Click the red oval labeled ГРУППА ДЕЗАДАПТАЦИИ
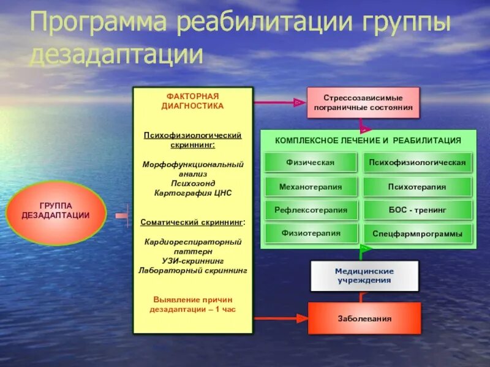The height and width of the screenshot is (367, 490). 56,211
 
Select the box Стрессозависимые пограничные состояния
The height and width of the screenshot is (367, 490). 363,102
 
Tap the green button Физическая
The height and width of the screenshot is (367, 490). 310,162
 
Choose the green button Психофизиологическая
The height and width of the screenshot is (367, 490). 417,162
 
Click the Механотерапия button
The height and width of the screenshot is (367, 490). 310,187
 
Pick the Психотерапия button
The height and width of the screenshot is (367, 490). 417,187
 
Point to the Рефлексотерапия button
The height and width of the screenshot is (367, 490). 310,210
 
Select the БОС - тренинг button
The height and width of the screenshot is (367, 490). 417,210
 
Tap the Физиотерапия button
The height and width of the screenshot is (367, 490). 310,233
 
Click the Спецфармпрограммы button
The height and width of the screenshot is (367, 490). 417,234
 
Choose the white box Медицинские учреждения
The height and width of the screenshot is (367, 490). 364,275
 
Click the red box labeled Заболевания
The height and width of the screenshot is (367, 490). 364,318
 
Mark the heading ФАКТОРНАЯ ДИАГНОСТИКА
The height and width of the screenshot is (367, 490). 193,101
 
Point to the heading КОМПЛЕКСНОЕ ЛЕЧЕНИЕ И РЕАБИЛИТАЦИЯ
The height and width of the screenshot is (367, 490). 368,140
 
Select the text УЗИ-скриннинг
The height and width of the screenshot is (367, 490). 193,260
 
